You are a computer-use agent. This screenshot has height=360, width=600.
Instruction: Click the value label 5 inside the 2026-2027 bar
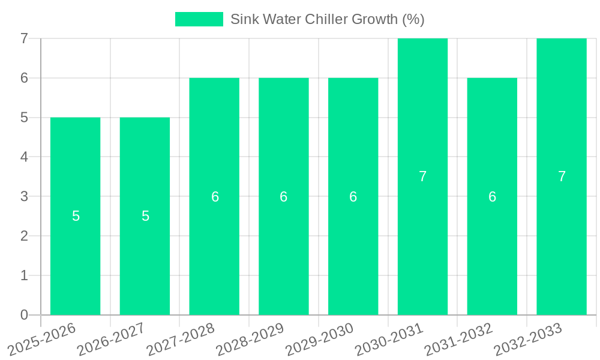[145, 216]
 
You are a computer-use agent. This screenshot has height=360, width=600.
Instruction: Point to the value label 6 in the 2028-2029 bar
[284, 197]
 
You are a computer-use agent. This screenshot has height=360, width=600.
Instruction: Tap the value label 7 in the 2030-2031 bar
[422, 176]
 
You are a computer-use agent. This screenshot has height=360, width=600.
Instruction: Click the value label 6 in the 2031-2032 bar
[492, 197]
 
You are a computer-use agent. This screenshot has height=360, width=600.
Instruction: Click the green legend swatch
[199, 19]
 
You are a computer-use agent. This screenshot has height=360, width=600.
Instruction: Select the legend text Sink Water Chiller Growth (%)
[327, 19]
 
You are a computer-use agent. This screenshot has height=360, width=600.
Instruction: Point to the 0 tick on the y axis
[24, 315]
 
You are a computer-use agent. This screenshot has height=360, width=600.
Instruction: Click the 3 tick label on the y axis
[24, 196]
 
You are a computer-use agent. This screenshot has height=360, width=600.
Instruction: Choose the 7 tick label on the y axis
[24, 38]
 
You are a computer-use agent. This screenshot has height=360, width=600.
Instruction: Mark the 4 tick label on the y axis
[24, 157]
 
